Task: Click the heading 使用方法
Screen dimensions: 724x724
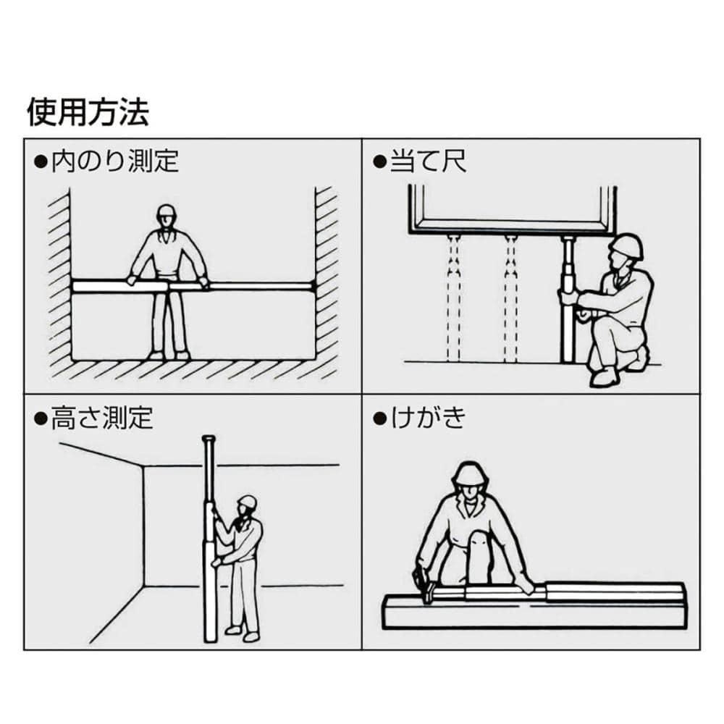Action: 88,112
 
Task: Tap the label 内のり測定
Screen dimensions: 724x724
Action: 115,161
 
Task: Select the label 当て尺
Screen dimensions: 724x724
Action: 428,161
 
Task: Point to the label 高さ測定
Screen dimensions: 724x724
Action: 102,418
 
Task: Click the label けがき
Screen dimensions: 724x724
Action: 428,417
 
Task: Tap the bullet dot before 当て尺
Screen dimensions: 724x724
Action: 379,161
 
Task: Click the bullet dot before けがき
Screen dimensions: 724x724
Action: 379,418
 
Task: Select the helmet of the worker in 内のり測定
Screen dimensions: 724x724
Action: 167,212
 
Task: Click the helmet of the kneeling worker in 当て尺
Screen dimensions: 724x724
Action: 626,246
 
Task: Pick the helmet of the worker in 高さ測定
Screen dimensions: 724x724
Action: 248,502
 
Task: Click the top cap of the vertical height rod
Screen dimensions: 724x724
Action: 209,438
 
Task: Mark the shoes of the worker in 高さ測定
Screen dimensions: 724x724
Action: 242,633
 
